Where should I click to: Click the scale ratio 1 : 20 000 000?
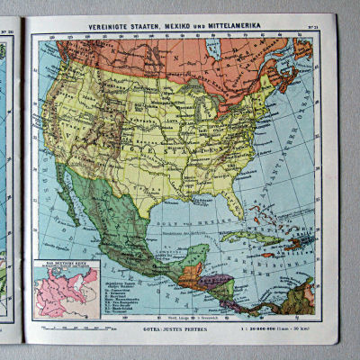click(x=262, y=328)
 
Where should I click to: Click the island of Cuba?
click(x=241, y=236)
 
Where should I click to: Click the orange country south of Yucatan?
click(x=190, y=271)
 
